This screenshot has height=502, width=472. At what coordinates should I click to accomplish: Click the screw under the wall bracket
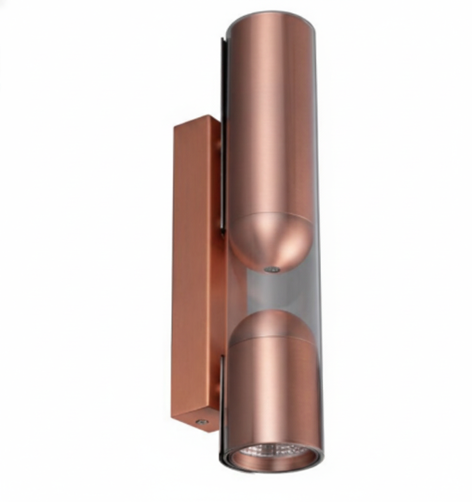pos(202,422)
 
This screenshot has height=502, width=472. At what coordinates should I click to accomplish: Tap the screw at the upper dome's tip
pos(272,270)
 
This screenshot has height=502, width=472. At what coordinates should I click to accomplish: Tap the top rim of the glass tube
pos(271,13)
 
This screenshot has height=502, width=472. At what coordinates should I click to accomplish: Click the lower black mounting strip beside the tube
pos(222,380)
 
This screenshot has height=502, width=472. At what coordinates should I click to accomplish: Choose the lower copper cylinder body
pos(272,390)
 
